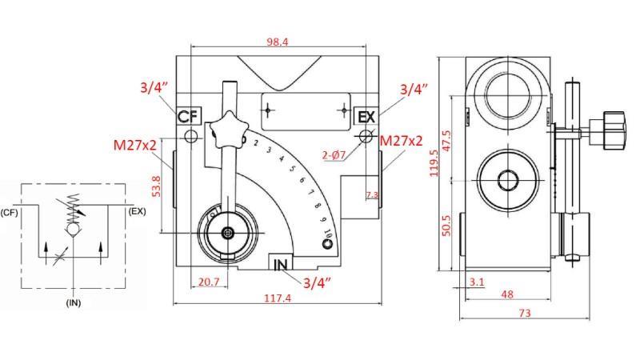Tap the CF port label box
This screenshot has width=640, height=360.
coord(187,117)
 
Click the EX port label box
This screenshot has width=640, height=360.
coord(366,117)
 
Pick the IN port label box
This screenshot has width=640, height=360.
coord(281,264)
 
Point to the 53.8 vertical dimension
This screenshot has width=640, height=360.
coord(157,186)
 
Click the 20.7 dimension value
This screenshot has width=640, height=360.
coord(209,282)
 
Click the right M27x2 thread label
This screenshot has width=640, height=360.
coord(401,141)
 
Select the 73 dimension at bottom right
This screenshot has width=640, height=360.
coord(524,314)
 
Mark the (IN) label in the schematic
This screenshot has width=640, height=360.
coord(74,303)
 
